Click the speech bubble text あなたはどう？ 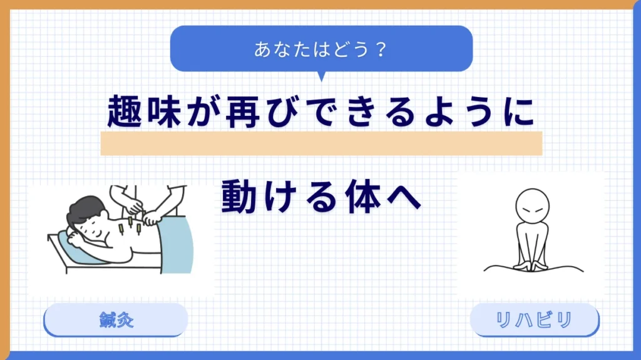tap(321, 49)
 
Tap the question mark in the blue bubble tap(381, 49)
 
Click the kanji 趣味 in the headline tap(144, 111)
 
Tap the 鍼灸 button tap(116, 320)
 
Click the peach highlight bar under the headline tap(321, 143)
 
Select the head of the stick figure tap(532, 206)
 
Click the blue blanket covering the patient tap(177, 245)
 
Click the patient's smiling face tap(93, 229)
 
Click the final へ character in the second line tap(404, 197)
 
